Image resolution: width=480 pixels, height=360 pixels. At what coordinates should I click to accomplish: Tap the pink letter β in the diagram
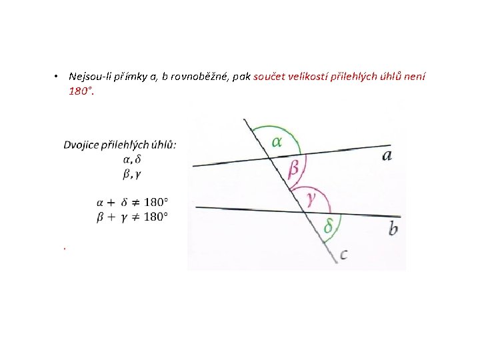(293, 169)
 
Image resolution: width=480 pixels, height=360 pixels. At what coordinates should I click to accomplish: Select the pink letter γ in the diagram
(311, 197)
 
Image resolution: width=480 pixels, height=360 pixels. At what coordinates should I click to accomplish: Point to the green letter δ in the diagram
(328, 227)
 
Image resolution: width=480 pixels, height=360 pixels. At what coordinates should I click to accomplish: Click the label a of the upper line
(387, 155)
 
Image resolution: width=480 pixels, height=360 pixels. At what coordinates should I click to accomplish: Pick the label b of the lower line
(393, 229)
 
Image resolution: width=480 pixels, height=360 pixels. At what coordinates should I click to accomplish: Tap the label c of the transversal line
(344, 254)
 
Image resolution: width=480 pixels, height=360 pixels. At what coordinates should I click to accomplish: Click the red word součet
(269, 77)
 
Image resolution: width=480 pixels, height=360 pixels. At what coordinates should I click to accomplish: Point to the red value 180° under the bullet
(80, 90)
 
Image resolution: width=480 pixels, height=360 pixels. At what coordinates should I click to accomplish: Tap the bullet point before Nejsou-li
(58, 77)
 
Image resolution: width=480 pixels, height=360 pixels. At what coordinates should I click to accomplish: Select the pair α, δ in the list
(132, 159)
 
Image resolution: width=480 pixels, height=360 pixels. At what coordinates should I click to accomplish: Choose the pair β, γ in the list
(132, 174)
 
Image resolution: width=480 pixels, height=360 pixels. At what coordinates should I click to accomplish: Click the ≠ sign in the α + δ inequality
(135, 202)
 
